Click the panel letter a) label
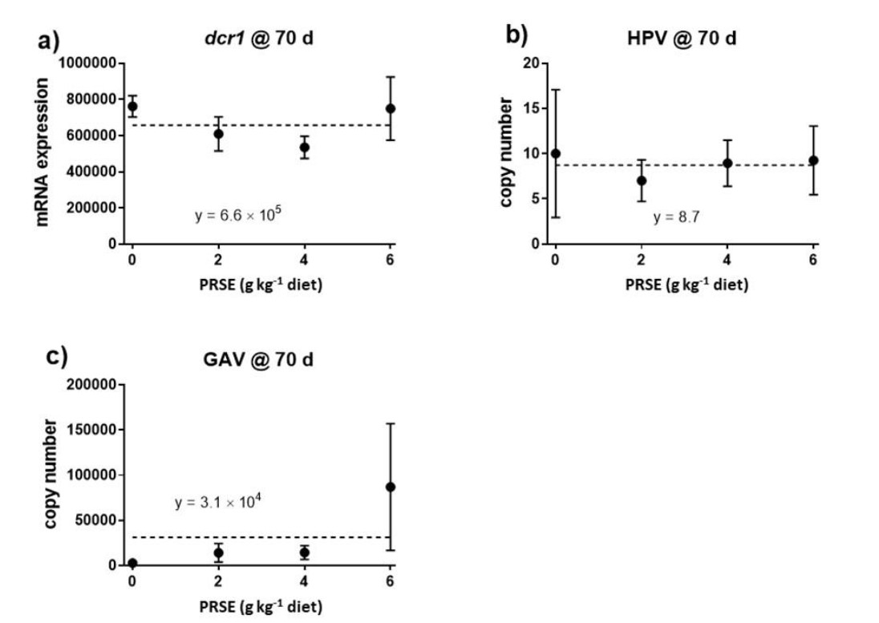[x=49, y=41]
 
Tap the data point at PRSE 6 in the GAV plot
[x=391, y=487]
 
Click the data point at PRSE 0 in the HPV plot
[x=555, y=153]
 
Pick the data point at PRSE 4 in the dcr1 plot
[x=305, y=147]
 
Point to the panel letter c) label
[x=55, y=358]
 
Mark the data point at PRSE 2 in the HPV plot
[x=641, y=180]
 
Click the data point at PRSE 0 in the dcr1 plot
[x=132, y=107]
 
